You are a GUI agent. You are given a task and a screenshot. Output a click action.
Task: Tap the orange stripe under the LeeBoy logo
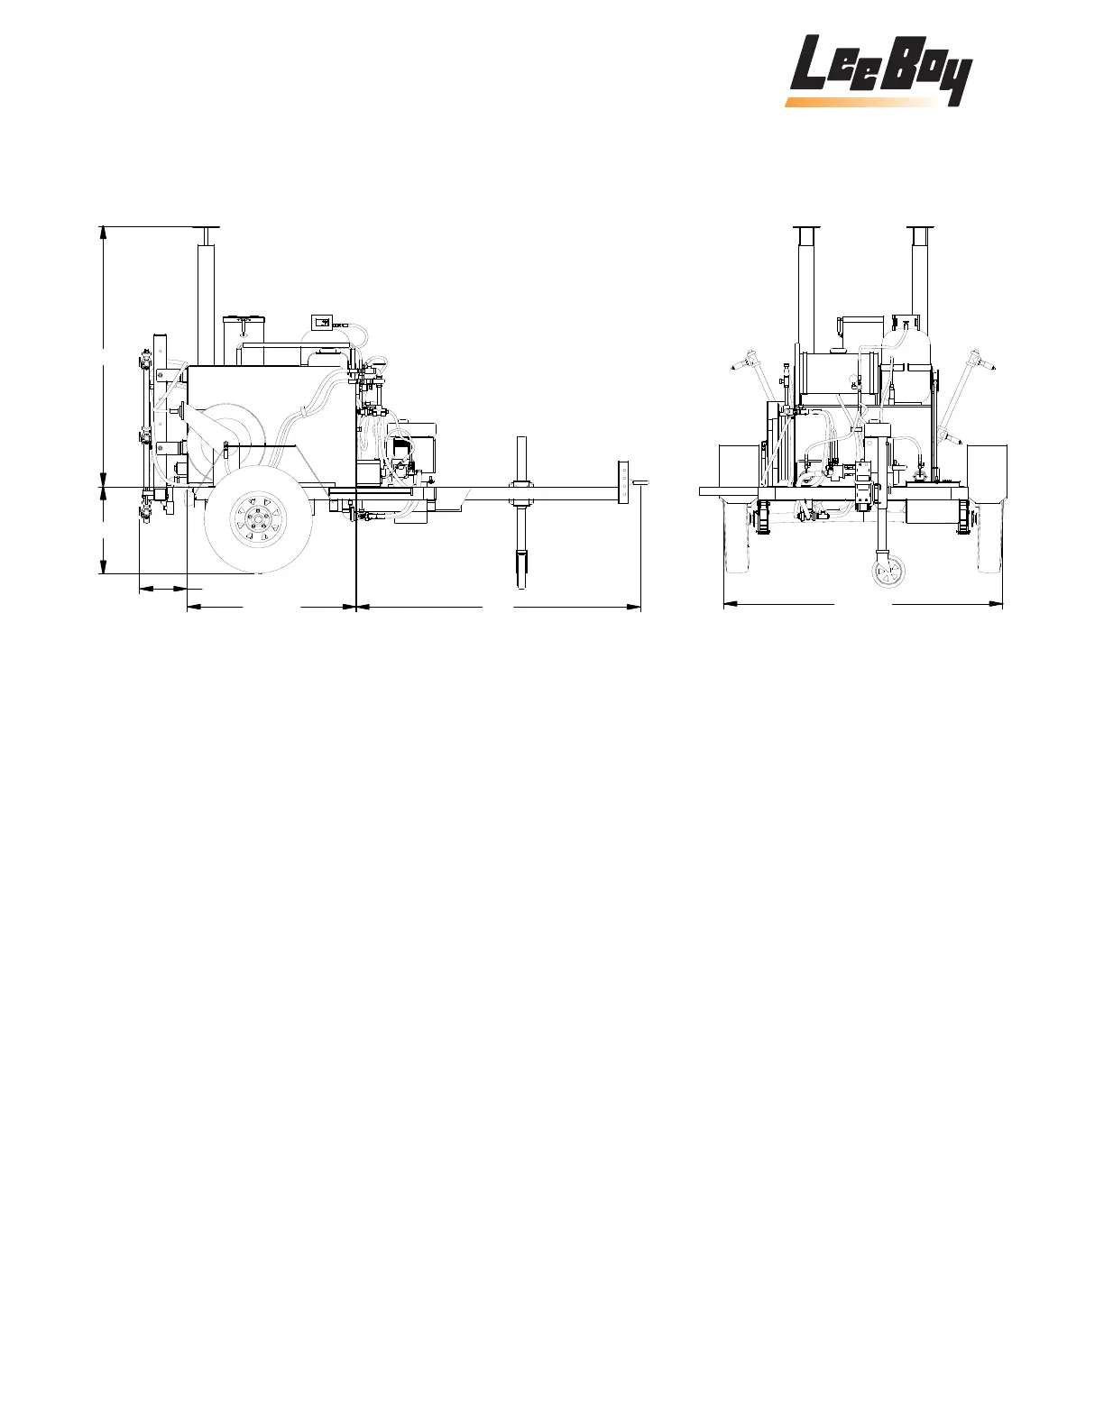point(862,102)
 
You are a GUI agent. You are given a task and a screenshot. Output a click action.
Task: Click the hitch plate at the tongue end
point(622,484)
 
